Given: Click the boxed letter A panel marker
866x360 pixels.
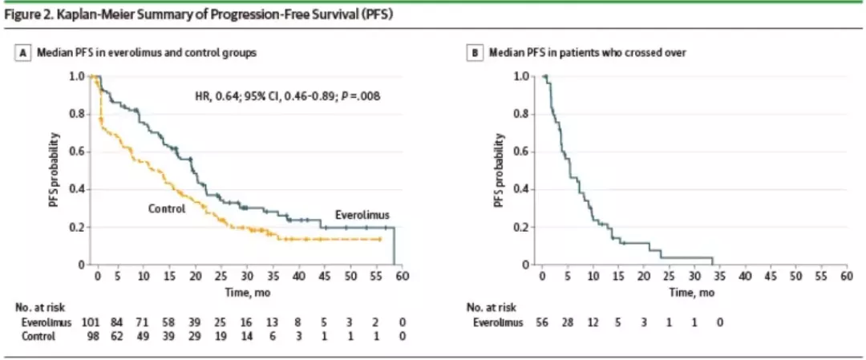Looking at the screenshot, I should tap(24, 53).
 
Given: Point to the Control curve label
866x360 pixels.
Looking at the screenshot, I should tap(166, 208).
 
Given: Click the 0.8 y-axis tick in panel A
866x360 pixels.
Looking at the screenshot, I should tap(77, 114).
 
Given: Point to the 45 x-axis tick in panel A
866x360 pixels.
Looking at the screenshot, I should tap(326, 277).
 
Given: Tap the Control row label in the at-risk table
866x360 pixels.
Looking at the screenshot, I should tap(38, 336).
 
